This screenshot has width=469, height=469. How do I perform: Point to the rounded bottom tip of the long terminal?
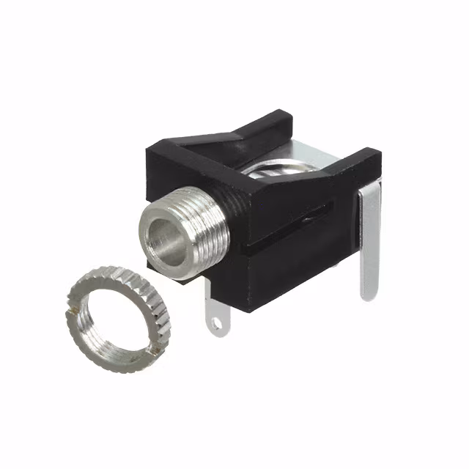point(368,293)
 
